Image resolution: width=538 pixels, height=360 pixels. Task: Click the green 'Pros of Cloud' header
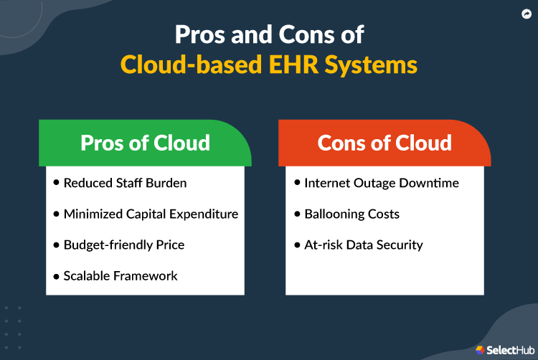click(145, 143)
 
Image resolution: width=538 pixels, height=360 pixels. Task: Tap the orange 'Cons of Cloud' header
click(384, 143)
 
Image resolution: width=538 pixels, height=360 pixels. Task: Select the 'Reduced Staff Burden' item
click(125, 183)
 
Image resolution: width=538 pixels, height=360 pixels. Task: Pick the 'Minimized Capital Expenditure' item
click(151, 214)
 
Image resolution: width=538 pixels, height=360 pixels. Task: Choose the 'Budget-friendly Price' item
click(124, 245)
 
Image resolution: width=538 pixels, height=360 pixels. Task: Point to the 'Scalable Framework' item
click(121, 275)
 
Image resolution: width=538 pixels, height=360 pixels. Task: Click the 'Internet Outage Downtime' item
click(381, 183)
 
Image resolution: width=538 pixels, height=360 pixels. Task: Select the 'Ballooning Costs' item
click(351, 214)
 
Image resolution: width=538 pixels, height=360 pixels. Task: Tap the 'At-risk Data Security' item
click(363, 245)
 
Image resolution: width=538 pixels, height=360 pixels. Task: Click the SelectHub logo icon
click(480, 349)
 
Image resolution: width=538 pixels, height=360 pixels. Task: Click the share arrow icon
click(526, 13)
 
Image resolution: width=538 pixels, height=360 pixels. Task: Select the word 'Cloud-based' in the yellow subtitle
click(183, 65)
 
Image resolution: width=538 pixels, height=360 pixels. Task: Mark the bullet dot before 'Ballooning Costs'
click(297, 214)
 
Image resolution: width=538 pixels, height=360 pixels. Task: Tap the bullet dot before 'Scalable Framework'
click(57, 275)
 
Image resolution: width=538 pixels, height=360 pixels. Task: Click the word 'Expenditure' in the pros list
click(202, 214)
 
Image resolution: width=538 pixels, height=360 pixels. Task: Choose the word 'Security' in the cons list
click(400, 245)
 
